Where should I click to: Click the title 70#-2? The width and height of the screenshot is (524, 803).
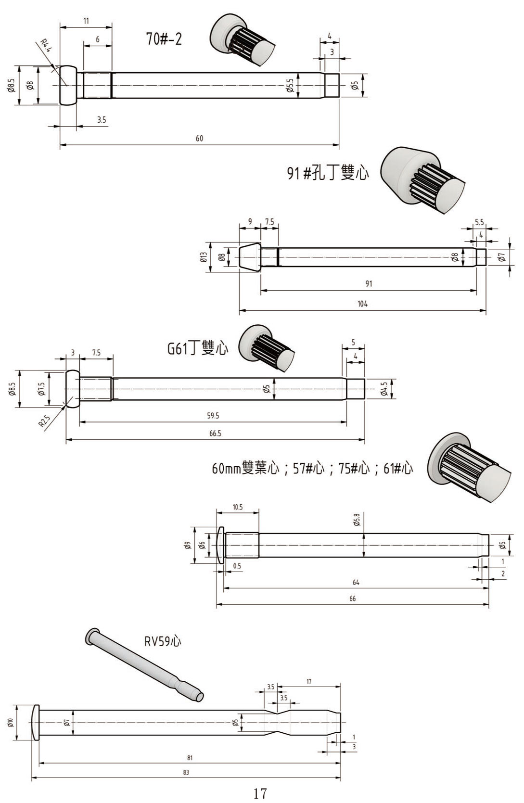tap(164, 38)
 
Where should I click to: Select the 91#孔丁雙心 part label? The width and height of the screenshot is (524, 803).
tap(328, 172)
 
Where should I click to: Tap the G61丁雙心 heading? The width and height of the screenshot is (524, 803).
tap(197, 348)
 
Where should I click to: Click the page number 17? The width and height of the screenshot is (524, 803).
tap(260, 793)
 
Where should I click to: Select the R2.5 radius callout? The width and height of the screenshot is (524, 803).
tap(44, 421)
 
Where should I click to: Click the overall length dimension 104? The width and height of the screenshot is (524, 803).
tap(362, 304)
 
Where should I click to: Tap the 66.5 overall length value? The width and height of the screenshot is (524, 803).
tap(215, 434)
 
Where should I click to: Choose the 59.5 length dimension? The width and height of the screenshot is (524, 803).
tap(213, 416)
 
